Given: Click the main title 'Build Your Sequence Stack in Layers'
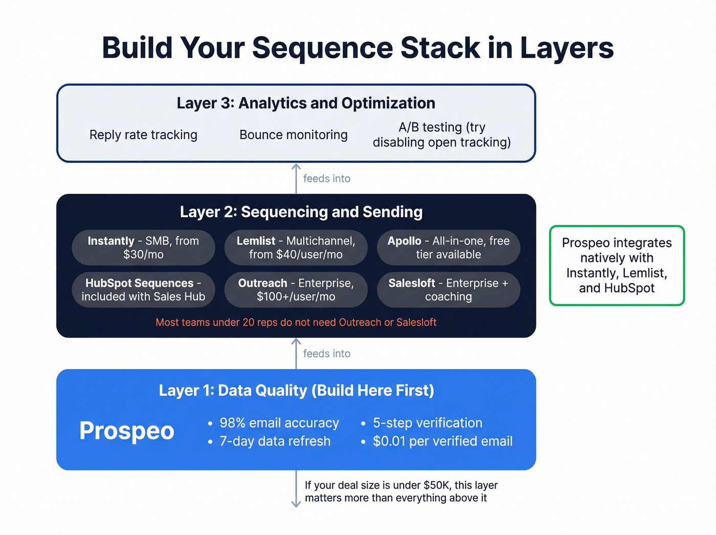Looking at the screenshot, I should point(357,48).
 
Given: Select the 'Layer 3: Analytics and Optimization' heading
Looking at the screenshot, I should point(306,103).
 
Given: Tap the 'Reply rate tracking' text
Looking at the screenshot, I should point(143,135).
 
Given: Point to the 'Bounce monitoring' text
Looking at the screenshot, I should point(294,135).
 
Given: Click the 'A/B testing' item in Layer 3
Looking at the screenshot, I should point(442,135).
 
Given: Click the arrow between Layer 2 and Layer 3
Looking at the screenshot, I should point(296,178).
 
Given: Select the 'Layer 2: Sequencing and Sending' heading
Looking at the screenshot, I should point(301,212).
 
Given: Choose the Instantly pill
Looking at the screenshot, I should point(143,248).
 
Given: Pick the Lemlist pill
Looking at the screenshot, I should point(296,248).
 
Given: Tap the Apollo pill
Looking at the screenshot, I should point(449,248).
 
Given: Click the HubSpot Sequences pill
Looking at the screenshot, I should point(143,290).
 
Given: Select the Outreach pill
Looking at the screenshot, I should point(296,290).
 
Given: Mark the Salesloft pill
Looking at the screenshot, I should point(449,290).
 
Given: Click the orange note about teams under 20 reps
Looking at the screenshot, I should point(296,323).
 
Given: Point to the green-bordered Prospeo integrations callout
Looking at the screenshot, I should point(617,266).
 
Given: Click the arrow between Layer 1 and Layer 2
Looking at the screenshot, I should point(296,353).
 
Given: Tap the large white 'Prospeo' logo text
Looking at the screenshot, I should point(127,431).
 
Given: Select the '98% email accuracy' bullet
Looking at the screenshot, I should point(279,423).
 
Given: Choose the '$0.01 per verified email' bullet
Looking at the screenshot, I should point(442,441).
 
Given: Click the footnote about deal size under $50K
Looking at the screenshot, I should point(401,491).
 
